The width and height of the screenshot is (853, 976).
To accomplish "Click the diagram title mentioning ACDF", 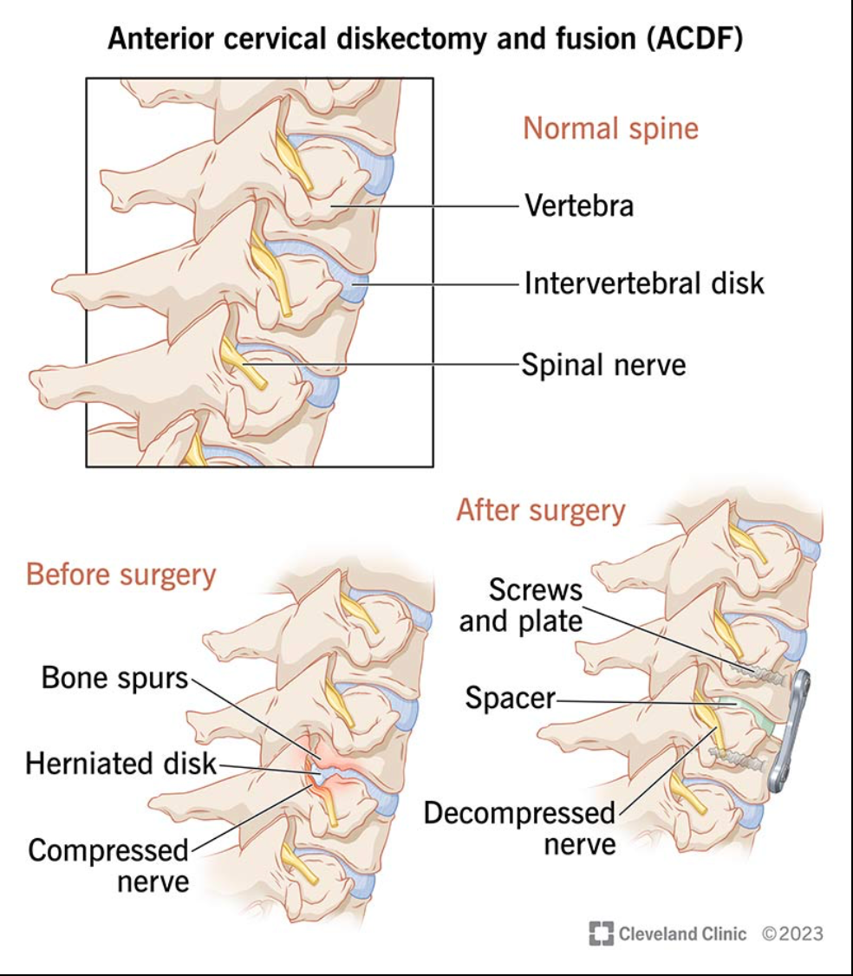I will pyautogui.click(x=425, y=40).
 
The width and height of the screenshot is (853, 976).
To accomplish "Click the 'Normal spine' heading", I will pyautogui.click(x=610, y=128).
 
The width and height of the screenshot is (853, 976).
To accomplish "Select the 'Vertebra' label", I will pyautogui.click(x=578, y=206).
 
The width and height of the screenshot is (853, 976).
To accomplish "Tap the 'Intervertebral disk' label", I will pyautogui.click(x=644, y=283).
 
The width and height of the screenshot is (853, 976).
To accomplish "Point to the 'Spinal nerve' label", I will pyautogui.click(x=603, y=364).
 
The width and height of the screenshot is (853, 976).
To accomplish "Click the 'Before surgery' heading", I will pyautogui.click(x=120, y=574).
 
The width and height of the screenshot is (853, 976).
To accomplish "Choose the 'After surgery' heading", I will pyautogui.click(x=541, y=511).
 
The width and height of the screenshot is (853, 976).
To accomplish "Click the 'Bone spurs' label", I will pyautogui.click(x=115, y=678).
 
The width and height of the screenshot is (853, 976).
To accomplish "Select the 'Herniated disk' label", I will pyautogui.click(x=120, y=764).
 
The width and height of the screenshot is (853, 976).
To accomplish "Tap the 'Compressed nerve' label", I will pyautogui.click(x=107, y=866).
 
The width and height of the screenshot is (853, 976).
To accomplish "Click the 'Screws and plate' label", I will pyautogui.click(x=521, y=605).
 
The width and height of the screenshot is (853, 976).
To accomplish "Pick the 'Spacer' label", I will pyautogui.click(x=509, y=698).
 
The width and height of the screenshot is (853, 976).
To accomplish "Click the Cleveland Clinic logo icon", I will pyautogui.click(x=601, y=934).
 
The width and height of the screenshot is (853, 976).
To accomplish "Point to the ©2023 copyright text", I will pyautogui.click(x=792, y=934).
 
